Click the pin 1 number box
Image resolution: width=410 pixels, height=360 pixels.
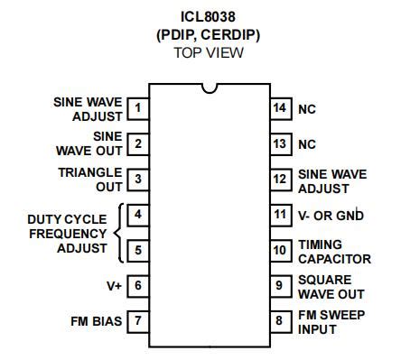[138, 109]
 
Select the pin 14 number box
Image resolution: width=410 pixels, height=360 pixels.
[279, 109]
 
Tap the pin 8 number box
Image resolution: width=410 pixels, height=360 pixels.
[279, 320]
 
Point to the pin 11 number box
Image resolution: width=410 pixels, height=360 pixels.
[279, 215]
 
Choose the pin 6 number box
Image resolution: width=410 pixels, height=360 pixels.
[138, 285]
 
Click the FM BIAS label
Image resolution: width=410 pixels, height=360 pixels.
[96, 320]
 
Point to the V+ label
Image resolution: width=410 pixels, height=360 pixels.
[114, 285]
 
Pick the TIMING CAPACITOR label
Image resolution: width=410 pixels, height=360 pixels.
[334, 250]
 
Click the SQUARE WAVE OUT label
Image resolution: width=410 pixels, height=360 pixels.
[331, 286]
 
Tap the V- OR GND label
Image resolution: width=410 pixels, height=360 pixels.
[331, 215]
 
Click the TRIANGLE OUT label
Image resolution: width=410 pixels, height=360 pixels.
[90, 180]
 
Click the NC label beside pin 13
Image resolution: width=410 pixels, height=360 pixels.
[307, 144]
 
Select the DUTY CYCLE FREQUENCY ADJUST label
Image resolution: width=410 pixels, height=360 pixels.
[67, 233]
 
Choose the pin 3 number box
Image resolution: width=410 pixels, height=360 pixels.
[138, 180]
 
